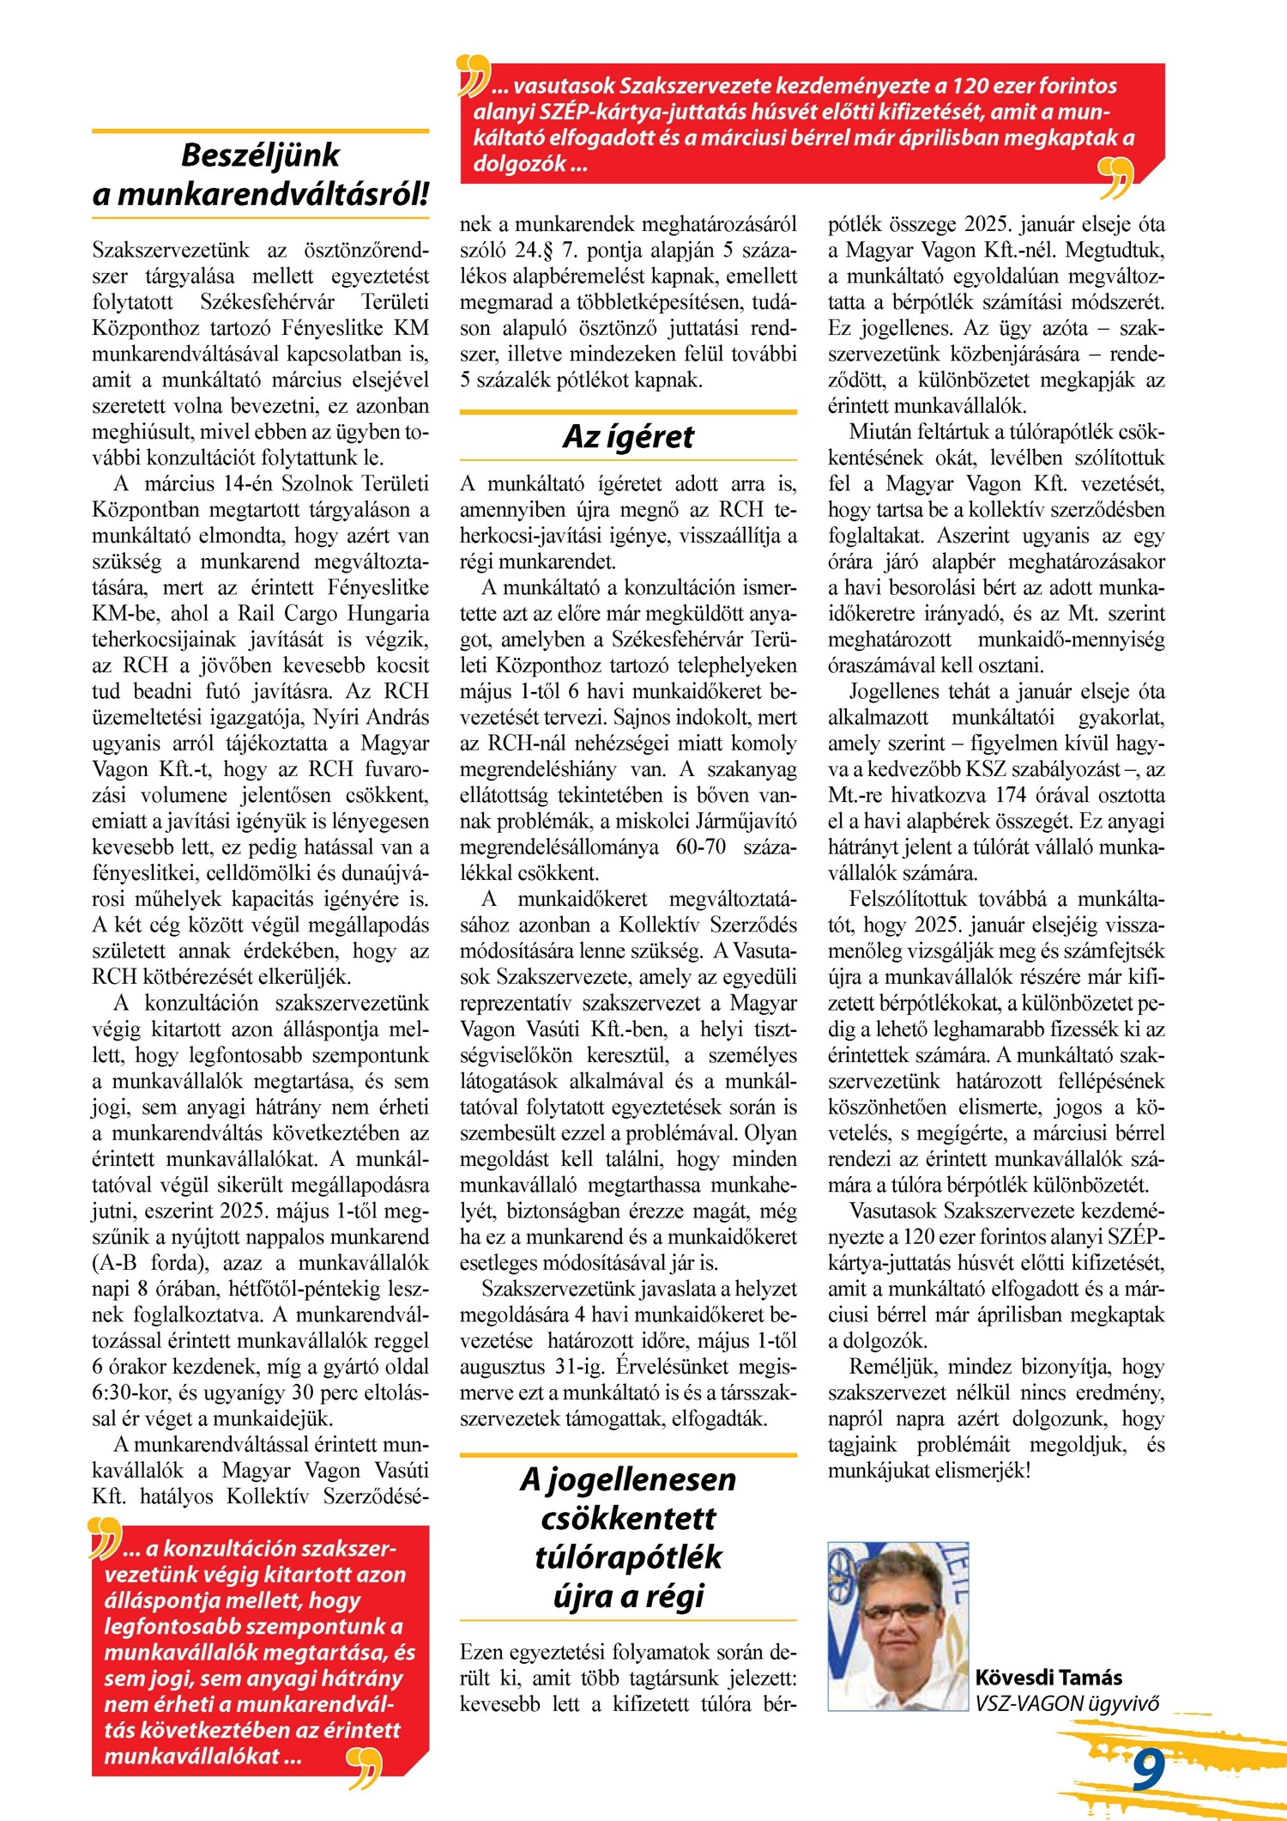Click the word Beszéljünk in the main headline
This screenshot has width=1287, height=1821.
click(260, 155)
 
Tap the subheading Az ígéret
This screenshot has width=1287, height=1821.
click(628, 437)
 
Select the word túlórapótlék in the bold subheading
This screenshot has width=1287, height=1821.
click(628, 1557)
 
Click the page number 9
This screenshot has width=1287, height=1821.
click(1147, 1769)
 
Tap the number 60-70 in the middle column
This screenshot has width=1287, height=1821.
click(700, 847)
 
